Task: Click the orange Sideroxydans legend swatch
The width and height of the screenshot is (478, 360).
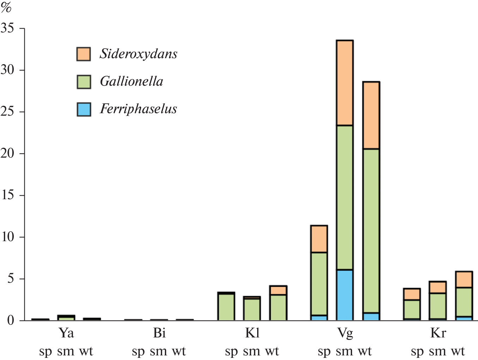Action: coord(84,54)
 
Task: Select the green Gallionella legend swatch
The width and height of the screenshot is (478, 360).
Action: coord(84,81)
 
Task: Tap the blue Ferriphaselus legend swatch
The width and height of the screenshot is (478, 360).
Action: coord(84,109)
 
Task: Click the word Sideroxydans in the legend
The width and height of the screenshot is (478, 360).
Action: coord(138,54)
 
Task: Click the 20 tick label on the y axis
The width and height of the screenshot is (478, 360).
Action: coord(8,154)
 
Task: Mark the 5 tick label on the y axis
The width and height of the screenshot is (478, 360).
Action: coord(11,279)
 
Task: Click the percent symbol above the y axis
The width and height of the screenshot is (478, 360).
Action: coord(6,7)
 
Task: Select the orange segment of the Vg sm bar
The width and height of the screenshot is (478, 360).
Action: coord(345,83)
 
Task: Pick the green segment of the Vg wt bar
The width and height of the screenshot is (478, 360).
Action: coord(371,231)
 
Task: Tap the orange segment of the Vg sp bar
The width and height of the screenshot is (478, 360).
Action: coord(319,239)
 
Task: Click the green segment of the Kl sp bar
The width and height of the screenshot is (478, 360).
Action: coord(226,307)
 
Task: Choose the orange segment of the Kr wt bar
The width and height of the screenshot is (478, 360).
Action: coord(464,280)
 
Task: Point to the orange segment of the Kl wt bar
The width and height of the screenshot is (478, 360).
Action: coord(278,290)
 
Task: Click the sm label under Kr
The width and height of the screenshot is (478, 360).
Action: coord(437,352)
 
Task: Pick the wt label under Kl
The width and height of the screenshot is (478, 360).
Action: coord(272,352)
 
